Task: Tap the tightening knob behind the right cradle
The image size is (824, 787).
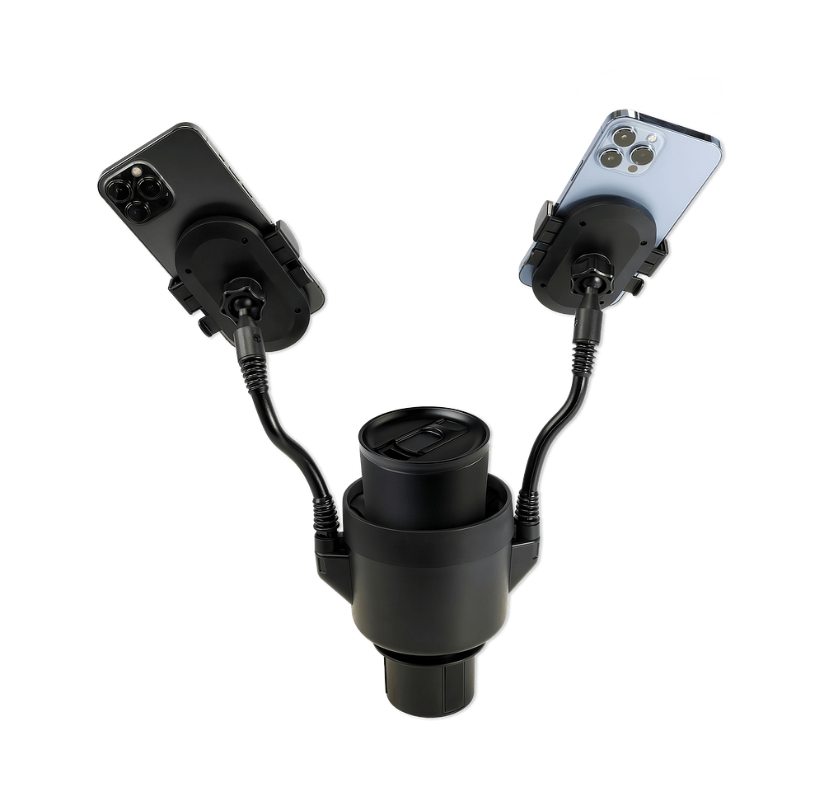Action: pos(592,268)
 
